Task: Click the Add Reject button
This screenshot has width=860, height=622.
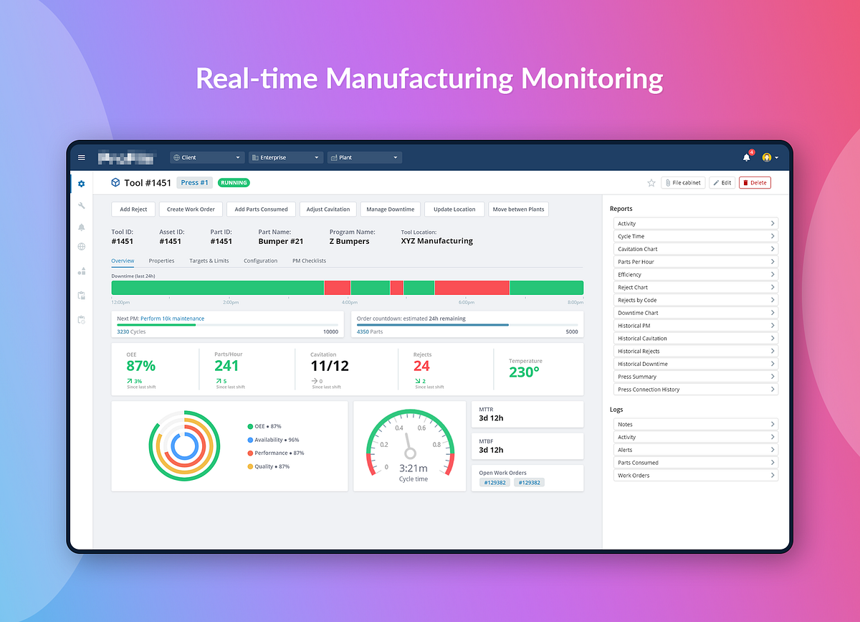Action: [x=133, y=209]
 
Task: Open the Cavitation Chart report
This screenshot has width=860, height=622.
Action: [x=695, y=249]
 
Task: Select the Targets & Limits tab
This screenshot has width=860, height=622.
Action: [x=209, y=260]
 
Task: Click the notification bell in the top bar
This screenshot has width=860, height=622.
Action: [x=746, y=158]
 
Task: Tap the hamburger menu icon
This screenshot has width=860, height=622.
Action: [x=82, y=158]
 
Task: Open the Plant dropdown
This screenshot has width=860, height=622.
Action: [x=364, y=158]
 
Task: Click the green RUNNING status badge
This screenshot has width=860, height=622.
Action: [x=234, y=183]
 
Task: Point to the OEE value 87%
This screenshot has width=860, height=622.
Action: [x=140, y=366]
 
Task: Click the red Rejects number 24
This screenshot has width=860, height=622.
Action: [x=421, y=366]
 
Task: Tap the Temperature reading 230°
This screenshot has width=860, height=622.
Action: [x=524, y=372]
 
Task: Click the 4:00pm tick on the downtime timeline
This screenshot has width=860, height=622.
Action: [x=350, y=302]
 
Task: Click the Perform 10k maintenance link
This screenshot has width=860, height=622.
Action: [x=172, y=319]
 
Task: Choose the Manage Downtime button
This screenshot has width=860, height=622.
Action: [x=390, y=209]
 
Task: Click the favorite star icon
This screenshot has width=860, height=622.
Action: [x=651, y=183]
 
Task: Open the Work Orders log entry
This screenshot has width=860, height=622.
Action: [x=695, y=476]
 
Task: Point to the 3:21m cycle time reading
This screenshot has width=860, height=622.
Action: [x=414, y=468]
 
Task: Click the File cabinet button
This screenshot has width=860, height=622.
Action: [x=683, y=183]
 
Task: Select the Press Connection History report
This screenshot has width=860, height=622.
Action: [x=695, y=390]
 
